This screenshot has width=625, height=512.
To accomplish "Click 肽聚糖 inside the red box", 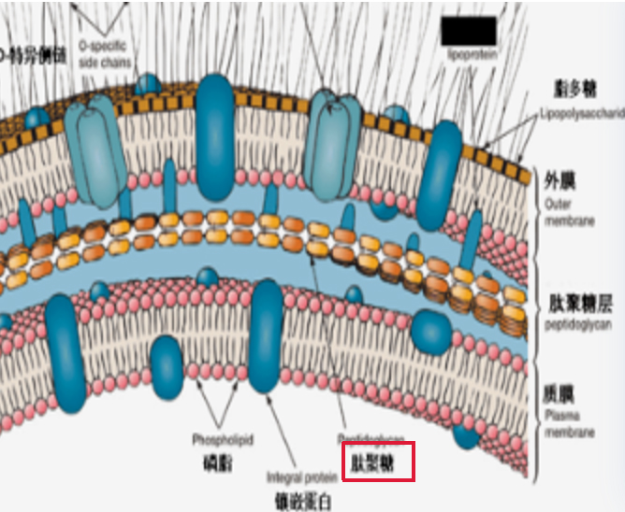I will [x=377, y=462].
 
